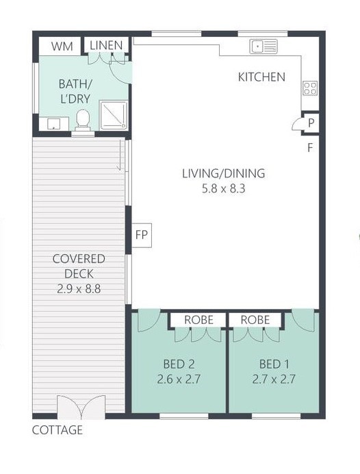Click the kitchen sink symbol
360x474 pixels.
[263, 47]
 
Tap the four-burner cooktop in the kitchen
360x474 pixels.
[310, 88]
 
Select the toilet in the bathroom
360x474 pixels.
[83, 120]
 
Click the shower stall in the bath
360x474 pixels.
[114, 116]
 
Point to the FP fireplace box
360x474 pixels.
[142, 236]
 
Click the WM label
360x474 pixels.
[62, 47]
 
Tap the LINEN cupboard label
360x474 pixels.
[106, 45]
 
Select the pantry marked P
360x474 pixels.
[311, 123]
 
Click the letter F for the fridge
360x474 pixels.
[310, 148]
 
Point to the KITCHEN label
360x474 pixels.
[261, 77]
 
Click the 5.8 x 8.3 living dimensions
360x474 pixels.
[224, 189]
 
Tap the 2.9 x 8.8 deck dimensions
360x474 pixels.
[79, 289]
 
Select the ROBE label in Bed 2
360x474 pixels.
[198, 320]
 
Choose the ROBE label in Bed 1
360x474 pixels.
[255, 320]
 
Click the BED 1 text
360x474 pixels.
[274, 364]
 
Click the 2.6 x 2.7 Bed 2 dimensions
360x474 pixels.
[179, 379]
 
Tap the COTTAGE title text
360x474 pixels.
[57, 430]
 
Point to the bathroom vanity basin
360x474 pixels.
[54, 124]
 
